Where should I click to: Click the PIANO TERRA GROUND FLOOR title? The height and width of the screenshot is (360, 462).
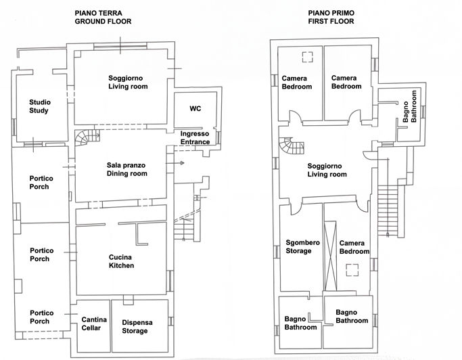tap(103, 17)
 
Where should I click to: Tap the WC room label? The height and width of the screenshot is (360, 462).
tap(195, 108)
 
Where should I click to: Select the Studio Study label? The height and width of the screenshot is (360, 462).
tap(39, 106)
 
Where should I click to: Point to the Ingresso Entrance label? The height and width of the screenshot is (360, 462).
tap(194, 138)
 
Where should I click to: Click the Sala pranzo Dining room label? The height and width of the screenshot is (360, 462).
tap(126, 170)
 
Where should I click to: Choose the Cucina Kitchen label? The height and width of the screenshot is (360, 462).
tap(121, 261)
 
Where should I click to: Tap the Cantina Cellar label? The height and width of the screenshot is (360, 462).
tap(93, 323)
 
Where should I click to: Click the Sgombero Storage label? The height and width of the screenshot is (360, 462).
tap(298, 247)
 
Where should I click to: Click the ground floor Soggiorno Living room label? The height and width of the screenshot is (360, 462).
tap(128, 83)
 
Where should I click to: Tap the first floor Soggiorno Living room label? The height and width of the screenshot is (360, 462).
tap(327, 170)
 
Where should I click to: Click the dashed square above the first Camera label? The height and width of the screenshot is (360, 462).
tap(308, 57)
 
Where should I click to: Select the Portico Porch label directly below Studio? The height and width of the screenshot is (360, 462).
tap(41, 183)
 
